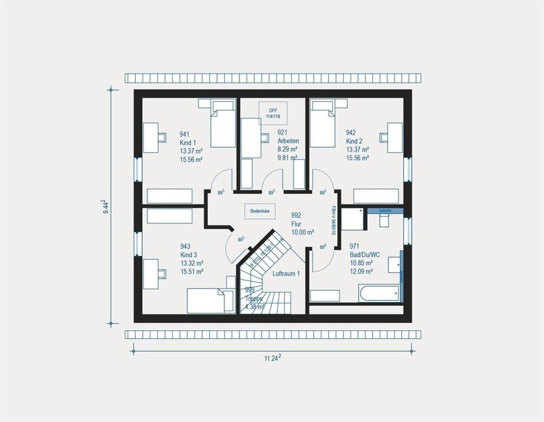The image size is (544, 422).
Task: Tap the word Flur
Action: tap(296, 223)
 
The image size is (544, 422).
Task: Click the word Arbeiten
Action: tap(288, 141)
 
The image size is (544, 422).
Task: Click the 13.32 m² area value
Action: tap(191, 263)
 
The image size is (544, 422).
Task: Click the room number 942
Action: tap(351, 133)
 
